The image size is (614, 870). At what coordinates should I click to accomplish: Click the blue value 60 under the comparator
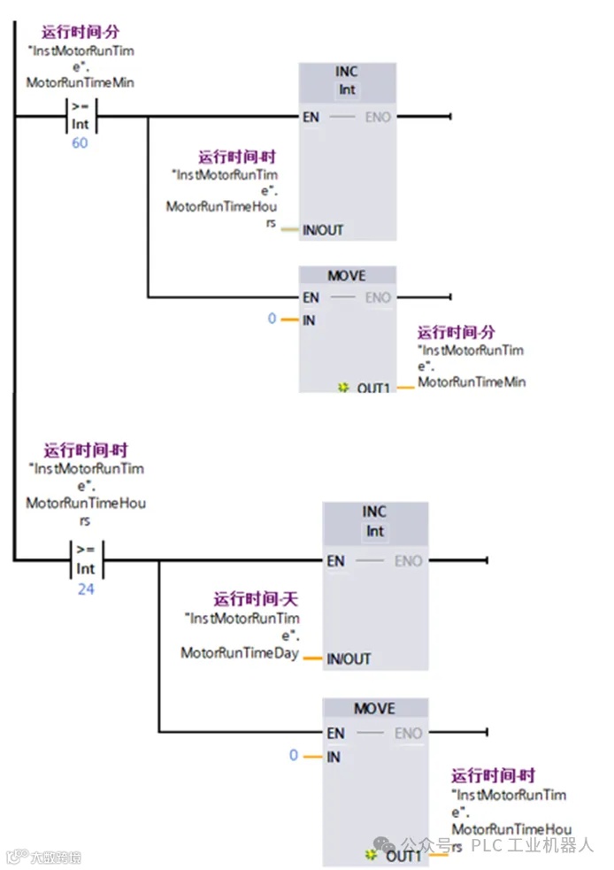click(x=80, y=142)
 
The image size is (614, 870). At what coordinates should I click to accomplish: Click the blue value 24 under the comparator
click(x=85, y=589)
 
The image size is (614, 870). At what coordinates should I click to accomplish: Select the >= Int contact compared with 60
click(x=81, y=116)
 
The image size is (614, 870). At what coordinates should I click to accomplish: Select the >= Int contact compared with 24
click(x=86, y=560)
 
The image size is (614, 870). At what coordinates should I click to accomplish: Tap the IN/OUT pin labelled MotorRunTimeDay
click(x=349, y=659)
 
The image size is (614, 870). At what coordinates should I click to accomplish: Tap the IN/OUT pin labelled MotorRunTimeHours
click(x=323, y=230)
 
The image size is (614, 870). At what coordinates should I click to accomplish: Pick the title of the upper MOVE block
click(x=347, y=276)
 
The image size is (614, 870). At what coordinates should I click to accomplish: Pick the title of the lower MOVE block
click(x=375, y=709)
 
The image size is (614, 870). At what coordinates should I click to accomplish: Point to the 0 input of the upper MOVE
click(x=272, y=319)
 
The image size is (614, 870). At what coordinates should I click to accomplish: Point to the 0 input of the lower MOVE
click(x=295, y=756)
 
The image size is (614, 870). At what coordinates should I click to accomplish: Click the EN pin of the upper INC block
click(x=311, y=117)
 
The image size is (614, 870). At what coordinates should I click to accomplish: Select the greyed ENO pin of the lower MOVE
click(x=408, y=733)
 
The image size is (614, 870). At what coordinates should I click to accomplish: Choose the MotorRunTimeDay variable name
click(x=240, y=653)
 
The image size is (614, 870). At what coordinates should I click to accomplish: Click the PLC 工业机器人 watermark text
click(x=532, y=844)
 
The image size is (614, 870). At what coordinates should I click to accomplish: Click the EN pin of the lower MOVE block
click(x=335, y=733)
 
